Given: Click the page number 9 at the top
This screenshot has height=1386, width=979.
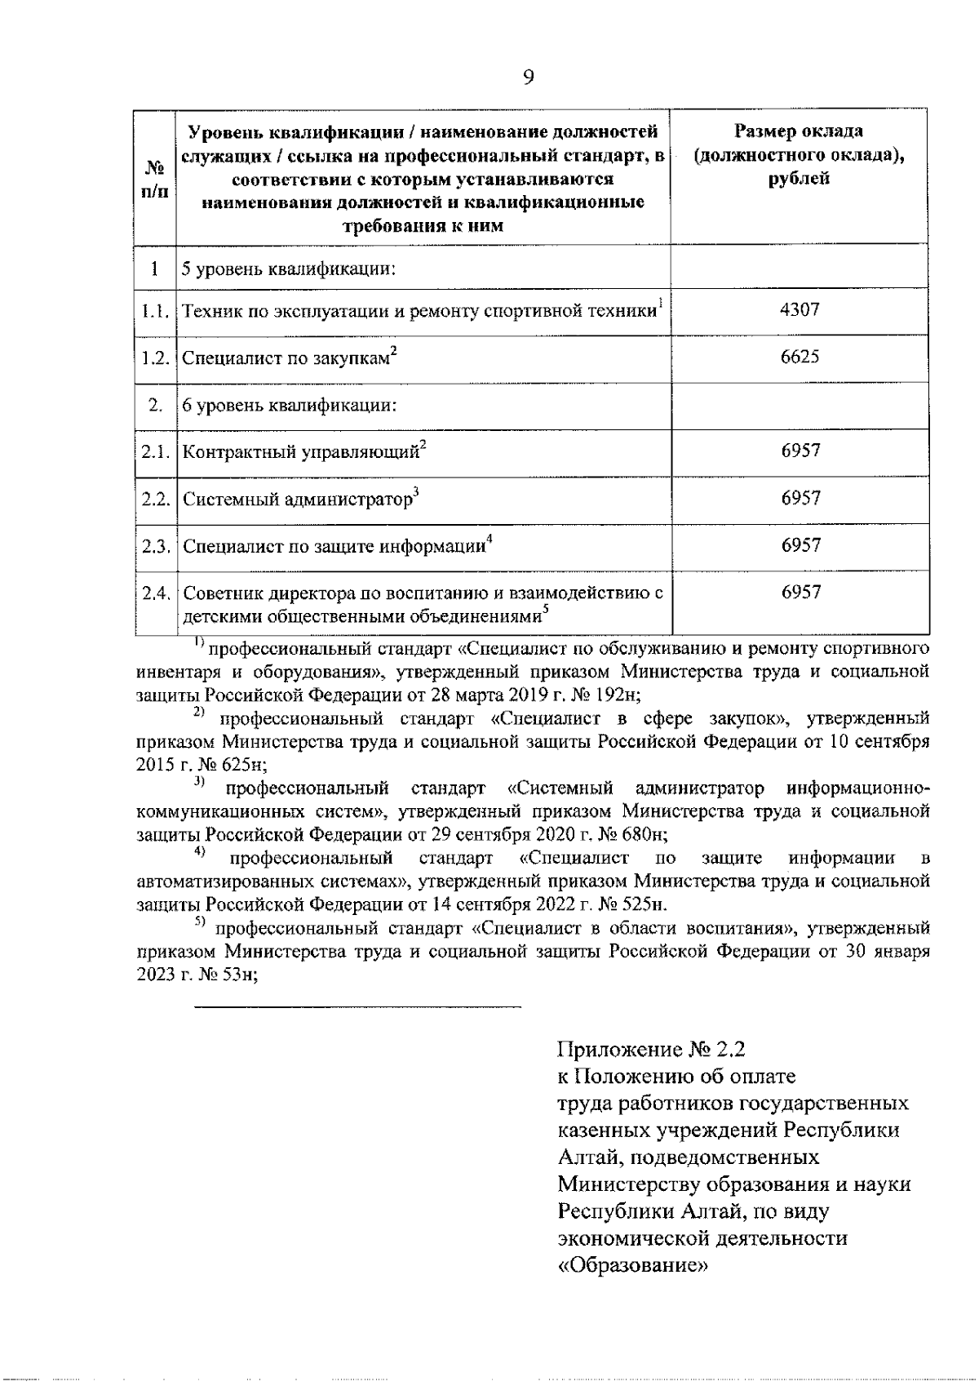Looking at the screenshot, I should coord(529,77).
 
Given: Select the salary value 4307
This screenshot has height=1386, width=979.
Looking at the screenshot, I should coord(800,310).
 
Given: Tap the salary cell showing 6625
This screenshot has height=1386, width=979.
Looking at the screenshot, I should coord(800,357).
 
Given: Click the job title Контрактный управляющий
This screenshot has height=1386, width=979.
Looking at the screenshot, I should coord(300,451).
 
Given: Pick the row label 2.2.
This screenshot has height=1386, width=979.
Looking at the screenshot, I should coord(155,498).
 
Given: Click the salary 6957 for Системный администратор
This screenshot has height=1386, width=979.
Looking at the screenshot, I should coord(800,498).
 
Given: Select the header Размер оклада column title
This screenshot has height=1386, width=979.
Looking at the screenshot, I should coord(799,154).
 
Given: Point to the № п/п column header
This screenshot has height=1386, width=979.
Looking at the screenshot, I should coord(155,180).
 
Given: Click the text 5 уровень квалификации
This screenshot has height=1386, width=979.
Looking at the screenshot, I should coord(289,268).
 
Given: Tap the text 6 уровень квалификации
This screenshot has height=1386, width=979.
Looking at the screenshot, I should coord(289,405).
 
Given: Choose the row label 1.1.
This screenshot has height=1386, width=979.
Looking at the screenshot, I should coord(155,311).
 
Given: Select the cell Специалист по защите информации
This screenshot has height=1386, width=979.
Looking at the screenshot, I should coord(334,546).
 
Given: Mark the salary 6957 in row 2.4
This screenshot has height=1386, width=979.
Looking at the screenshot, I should coord(800,593).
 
